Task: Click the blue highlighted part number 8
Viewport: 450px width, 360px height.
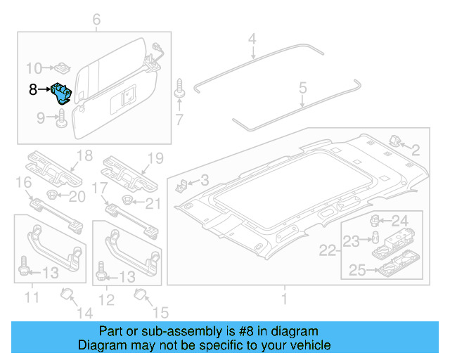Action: coord(61,92)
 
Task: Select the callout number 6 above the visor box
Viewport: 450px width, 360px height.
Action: coord(96,20)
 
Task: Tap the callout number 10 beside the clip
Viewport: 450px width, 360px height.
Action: coord(34,68)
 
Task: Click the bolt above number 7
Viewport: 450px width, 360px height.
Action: coord(179,90)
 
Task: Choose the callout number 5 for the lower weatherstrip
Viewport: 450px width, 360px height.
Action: coord(303,88)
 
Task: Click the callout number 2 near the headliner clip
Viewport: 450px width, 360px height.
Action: coord(415,149)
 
